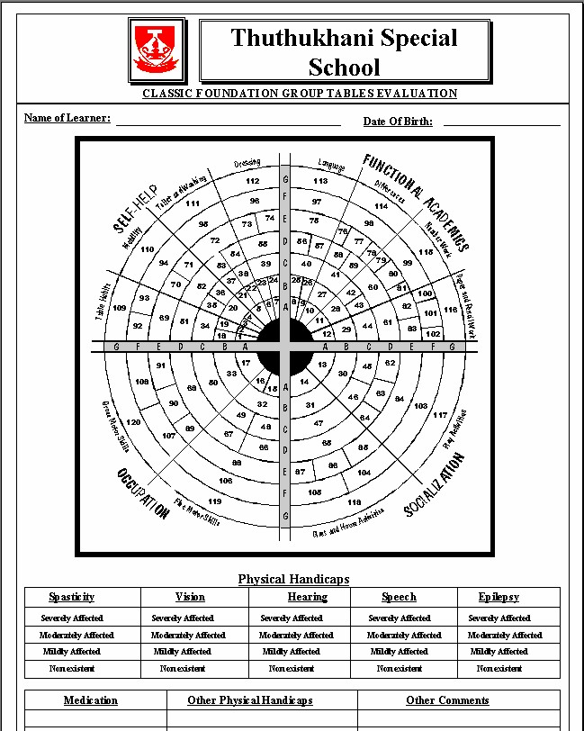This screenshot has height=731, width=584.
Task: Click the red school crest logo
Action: [160, 50]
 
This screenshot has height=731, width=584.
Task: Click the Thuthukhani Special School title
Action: [345, 51]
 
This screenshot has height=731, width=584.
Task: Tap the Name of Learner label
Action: [67, 118]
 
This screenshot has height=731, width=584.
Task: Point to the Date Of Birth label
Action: [398, 122]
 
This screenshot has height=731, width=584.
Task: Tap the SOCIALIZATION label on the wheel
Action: [435, 485]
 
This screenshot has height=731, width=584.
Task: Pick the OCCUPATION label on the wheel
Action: [142, 492]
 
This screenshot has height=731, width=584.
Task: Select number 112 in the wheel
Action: [253, 181]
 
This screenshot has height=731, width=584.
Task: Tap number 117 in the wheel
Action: [440, 415]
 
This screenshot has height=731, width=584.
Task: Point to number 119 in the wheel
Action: [214, 501]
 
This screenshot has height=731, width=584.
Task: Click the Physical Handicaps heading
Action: [293, 579]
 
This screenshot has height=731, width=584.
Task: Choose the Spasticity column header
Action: [71, 597]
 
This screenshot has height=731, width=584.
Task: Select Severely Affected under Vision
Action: [183, 618]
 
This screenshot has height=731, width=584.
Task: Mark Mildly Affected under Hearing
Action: [291, 651]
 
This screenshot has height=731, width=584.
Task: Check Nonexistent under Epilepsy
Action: [499, 669]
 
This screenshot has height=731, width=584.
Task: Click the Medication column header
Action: [91, 700]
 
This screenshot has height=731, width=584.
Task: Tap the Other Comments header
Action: [447, 700]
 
